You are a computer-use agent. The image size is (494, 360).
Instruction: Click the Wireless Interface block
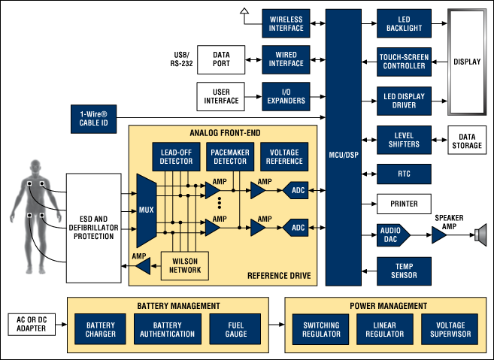(x=285, y=23)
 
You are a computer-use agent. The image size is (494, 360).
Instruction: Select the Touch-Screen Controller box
(x=405, y=61)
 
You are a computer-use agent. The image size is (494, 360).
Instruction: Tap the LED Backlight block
(x=405, y=23)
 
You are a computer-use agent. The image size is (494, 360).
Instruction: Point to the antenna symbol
(x=244, y=11)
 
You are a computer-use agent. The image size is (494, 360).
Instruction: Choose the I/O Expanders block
(x=285, y=97)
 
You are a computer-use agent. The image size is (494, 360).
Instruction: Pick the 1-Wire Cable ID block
(x=95, y=117)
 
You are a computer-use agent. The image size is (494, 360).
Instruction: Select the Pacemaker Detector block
(x=229, y=156)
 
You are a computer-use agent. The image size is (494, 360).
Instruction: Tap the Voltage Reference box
(x=285, y=156)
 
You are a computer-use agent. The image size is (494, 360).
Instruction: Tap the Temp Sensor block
(x=405, y=271)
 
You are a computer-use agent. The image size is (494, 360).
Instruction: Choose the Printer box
(x=405, y=203)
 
